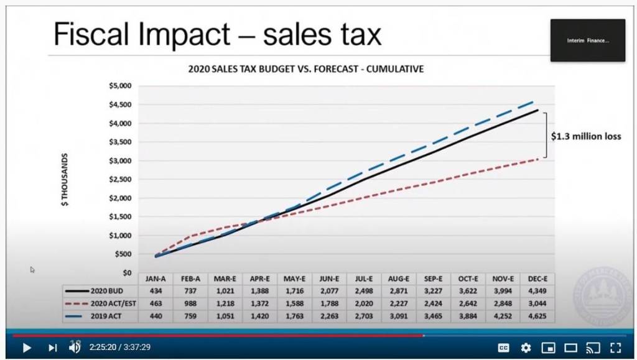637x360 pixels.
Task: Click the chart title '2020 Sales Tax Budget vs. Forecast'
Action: coord(305,69)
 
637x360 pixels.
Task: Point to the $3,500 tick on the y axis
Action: coord(121,142)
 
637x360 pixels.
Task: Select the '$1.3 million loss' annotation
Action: coord(585,136)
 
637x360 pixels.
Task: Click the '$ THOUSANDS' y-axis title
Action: coord(65,180)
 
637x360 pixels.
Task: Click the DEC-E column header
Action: coord(537,279)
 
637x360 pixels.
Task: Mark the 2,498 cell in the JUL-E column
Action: coord(365,291)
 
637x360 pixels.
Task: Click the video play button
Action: coord(26,348)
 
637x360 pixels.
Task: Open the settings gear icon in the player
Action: coord(526,348)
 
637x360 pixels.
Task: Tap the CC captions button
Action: coord(504,348)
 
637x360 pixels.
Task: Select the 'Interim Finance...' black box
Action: coord(587,40)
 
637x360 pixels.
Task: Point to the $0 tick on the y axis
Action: coord(126,272)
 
